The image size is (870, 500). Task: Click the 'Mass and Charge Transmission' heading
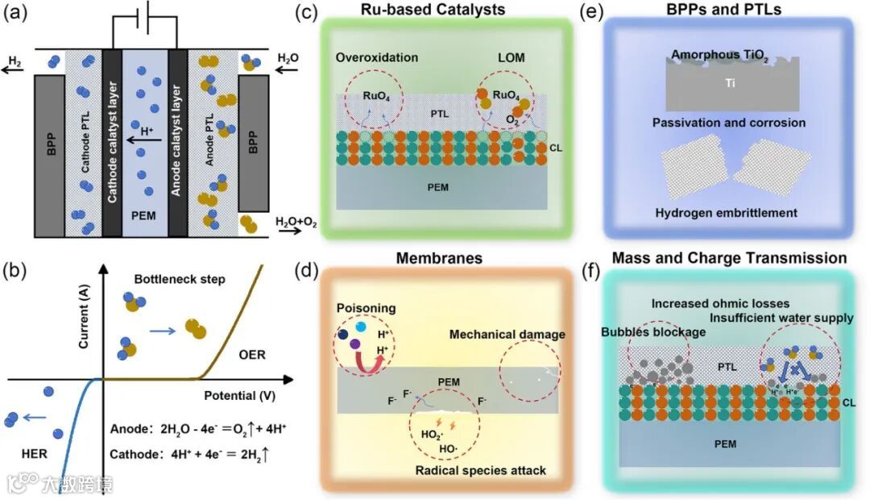pos(729,258)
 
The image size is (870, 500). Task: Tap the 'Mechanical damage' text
pos(507,334)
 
